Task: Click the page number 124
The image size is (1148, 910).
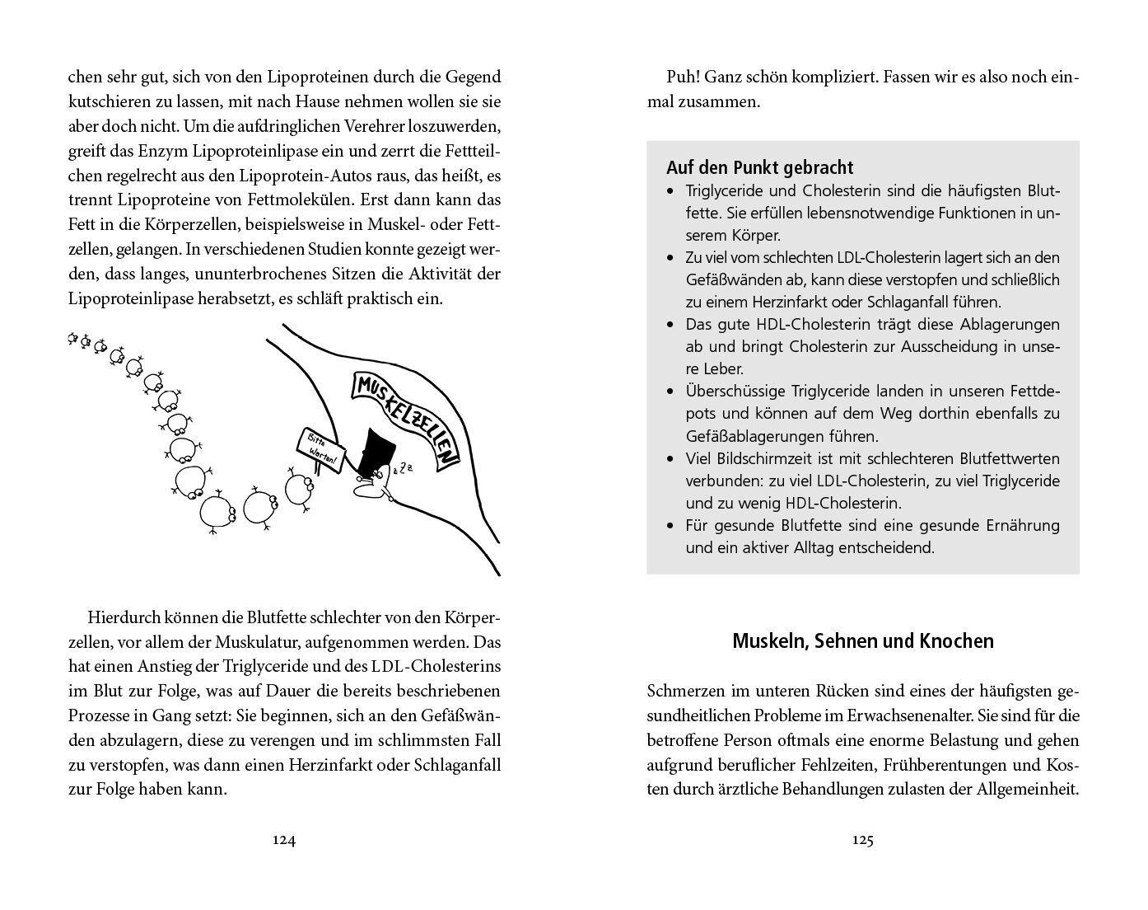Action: [283, 840]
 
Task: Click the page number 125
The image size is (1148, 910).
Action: [862, 840]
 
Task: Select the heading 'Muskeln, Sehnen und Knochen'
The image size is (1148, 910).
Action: [862, 640]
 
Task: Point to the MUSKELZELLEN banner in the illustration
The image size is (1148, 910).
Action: [406, 417]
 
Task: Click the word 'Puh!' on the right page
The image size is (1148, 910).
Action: [682, 77]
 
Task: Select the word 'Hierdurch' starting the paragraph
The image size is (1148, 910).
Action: [121, 617]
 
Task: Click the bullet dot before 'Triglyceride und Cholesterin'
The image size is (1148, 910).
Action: [669, 191]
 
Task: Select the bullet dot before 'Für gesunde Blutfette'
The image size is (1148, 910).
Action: [669, 526]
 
